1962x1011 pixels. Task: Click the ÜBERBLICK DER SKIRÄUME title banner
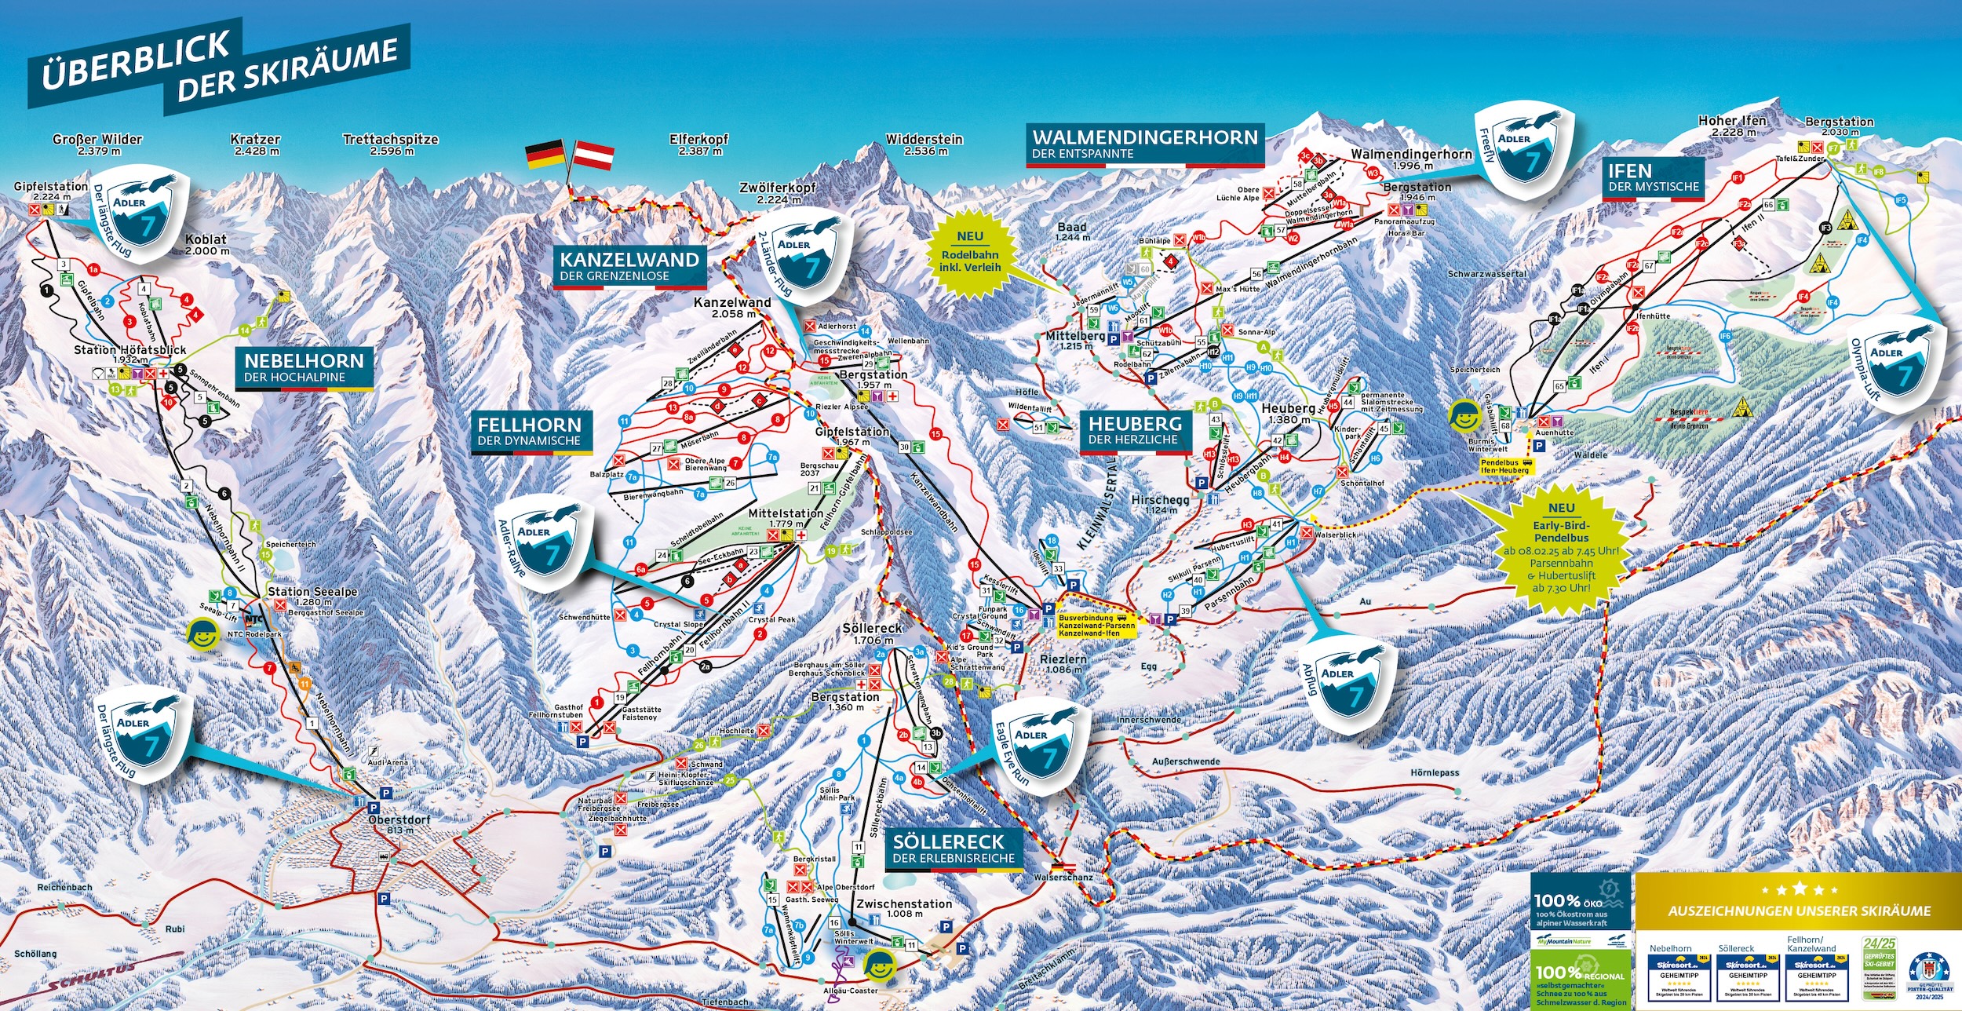tap(216, 71)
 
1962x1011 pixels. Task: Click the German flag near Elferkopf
tap(545, 154)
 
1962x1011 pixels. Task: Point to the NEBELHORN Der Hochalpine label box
tap(304, 367)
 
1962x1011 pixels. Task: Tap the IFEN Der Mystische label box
tap(1653, 178)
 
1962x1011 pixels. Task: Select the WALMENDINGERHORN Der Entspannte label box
tap(1144, 144)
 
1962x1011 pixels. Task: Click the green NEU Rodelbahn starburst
tap(970, 251)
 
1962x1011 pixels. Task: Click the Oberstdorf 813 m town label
tap(399, 824)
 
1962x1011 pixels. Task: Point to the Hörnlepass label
tap(1435, 772)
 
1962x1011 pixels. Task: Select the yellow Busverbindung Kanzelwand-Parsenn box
tap(1096, 626)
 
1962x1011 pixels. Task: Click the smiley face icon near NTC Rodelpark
tap(202, 634)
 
